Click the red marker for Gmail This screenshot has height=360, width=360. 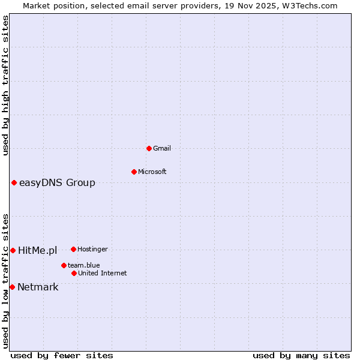[149, 148]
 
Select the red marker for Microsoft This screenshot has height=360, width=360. [134, 172]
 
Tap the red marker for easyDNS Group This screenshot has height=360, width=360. [14, 182]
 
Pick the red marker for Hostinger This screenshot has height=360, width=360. [73, 249]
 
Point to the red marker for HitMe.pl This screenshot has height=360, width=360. [13, 250]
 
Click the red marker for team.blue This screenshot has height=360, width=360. [64, 265]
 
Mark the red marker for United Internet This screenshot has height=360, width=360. [74, 273]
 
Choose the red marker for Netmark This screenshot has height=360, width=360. [12, 287]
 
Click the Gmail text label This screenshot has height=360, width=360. [162, 148]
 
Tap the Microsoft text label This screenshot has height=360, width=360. [152, 172]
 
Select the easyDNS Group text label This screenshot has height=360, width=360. [57, 183]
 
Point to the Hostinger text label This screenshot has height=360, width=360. [92, 249]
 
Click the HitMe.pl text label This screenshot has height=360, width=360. [37, 250]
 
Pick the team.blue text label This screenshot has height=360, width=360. [84, 265]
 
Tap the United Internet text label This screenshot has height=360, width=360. [102, 273]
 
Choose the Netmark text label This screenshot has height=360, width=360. [38, 287]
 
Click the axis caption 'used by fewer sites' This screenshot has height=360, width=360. [62, 355]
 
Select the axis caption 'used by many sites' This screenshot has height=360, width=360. [301, 355]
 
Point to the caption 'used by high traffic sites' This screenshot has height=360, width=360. [6, 86]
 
